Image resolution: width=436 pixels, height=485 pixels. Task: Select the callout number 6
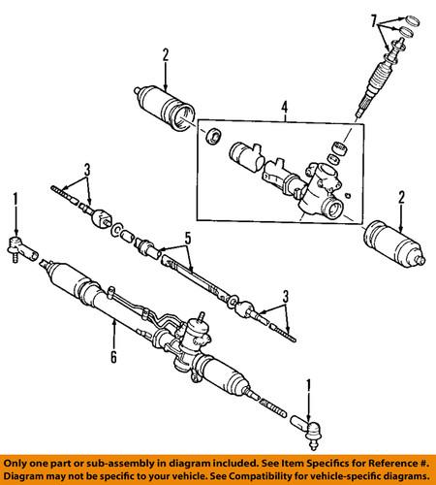click(113, 357)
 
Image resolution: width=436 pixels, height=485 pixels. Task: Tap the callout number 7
click(373, 22)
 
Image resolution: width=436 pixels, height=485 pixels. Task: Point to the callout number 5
click(188, 239)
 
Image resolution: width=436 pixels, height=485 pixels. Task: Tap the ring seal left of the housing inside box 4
click(213, 136)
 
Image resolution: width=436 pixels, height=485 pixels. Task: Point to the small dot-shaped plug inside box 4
click(348, 195)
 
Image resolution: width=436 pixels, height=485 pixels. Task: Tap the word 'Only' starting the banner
click(15, 464)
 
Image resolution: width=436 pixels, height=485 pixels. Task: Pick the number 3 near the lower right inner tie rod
click(286, 297)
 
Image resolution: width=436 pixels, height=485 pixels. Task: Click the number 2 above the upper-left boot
click(166, 55)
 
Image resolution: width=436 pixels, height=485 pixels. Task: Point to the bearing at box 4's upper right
click(340, 147)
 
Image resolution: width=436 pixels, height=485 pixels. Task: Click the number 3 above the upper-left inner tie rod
click(87, 170)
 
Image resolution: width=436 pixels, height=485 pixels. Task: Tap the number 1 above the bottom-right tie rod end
click(308, 386)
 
